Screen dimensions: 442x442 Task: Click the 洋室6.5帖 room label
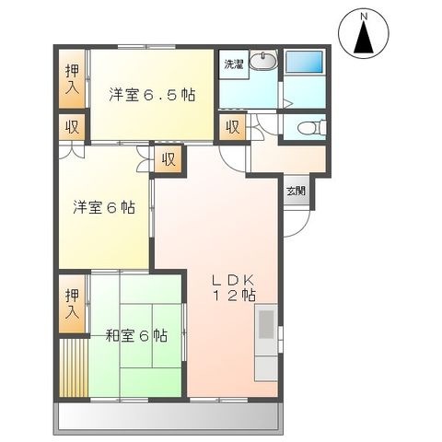point(152,95)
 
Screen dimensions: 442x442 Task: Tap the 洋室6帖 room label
point(104,207)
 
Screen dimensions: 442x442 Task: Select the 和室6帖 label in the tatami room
point(136,335)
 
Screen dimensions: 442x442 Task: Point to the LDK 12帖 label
point(234,287)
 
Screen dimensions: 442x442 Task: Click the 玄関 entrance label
point(297,191)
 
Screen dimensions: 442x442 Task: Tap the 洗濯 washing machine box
point(234,64)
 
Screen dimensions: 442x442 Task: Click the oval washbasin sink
point(263,60)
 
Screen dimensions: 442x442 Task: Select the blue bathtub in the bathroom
point(304,63)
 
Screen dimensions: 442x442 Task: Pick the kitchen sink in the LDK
point(266,324)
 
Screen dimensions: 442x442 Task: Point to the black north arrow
point(364,37)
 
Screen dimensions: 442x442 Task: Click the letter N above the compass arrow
point(364,17)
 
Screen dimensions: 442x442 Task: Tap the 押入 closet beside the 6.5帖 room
point(72,79)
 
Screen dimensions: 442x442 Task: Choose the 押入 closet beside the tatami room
point(72,304)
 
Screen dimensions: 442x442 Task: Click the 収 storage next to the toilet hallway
point(233,127)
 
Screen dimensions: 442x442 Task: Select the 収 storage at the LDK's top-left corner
point(169,159)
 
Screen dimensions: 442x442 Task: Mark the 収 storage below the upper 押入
point(72,127)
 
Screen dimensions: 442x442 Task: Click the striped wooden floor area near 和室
point(74,367)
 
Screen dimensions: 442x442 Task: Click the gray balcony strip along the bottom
point(168,417)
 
